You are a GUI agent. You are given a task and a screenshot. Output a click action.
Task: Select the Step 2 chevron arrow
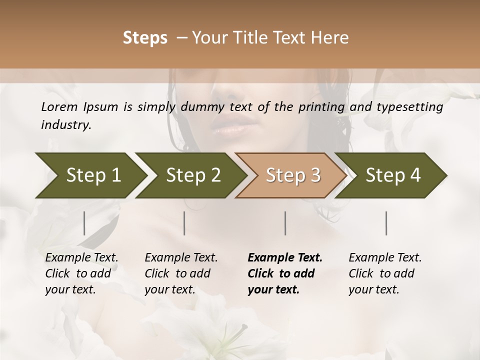point(193,175)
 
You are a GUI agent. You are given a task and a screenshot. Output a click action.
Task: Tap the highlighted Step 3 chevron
point(293,175)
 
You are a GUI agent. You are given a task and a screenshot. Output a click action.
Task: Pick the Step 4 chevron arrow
point(393,175)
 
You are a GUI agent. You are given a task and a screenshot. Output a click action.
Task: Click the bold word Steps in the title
point(145,37)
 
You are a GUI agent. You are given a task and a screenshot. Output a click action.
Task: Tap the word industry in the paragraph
point(66,125)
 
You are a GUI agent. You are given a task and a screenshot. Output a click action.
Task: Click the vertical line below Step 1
point(84,223)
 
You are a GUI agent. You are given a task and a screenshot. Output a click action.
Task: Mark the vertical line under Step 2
point(184,223)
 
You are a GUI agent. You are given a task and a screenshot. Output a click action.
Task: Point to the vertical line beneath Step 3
point(285,223)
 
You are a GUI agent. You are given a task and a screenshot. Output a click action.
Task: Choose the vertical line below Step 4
point(386,223)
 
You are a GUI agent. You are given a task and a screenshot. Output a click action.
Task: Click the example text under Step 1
point(81,273)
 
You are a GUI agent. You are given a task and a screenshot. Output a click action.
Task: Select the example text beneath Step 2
point(181,273)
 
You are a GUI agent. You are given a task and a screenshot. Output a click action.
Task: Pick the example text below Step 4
point(385,273)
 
